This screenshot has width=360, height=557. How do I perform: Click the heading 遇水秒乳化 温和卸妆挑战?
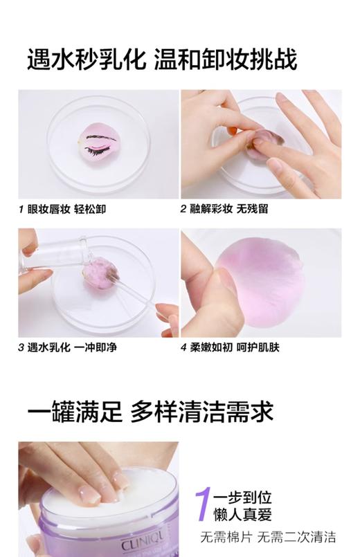[162, 60]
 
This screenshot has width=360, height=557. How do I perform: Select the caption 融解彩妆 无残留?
[229, 208]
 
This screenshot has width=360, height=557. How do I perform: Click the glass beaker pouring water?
[59, 254]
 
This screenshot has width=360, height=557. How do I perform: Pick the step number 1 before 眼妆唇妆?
[21, 208]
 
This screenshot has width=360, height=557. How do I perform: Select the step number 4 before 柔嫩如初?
[184, 347]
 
